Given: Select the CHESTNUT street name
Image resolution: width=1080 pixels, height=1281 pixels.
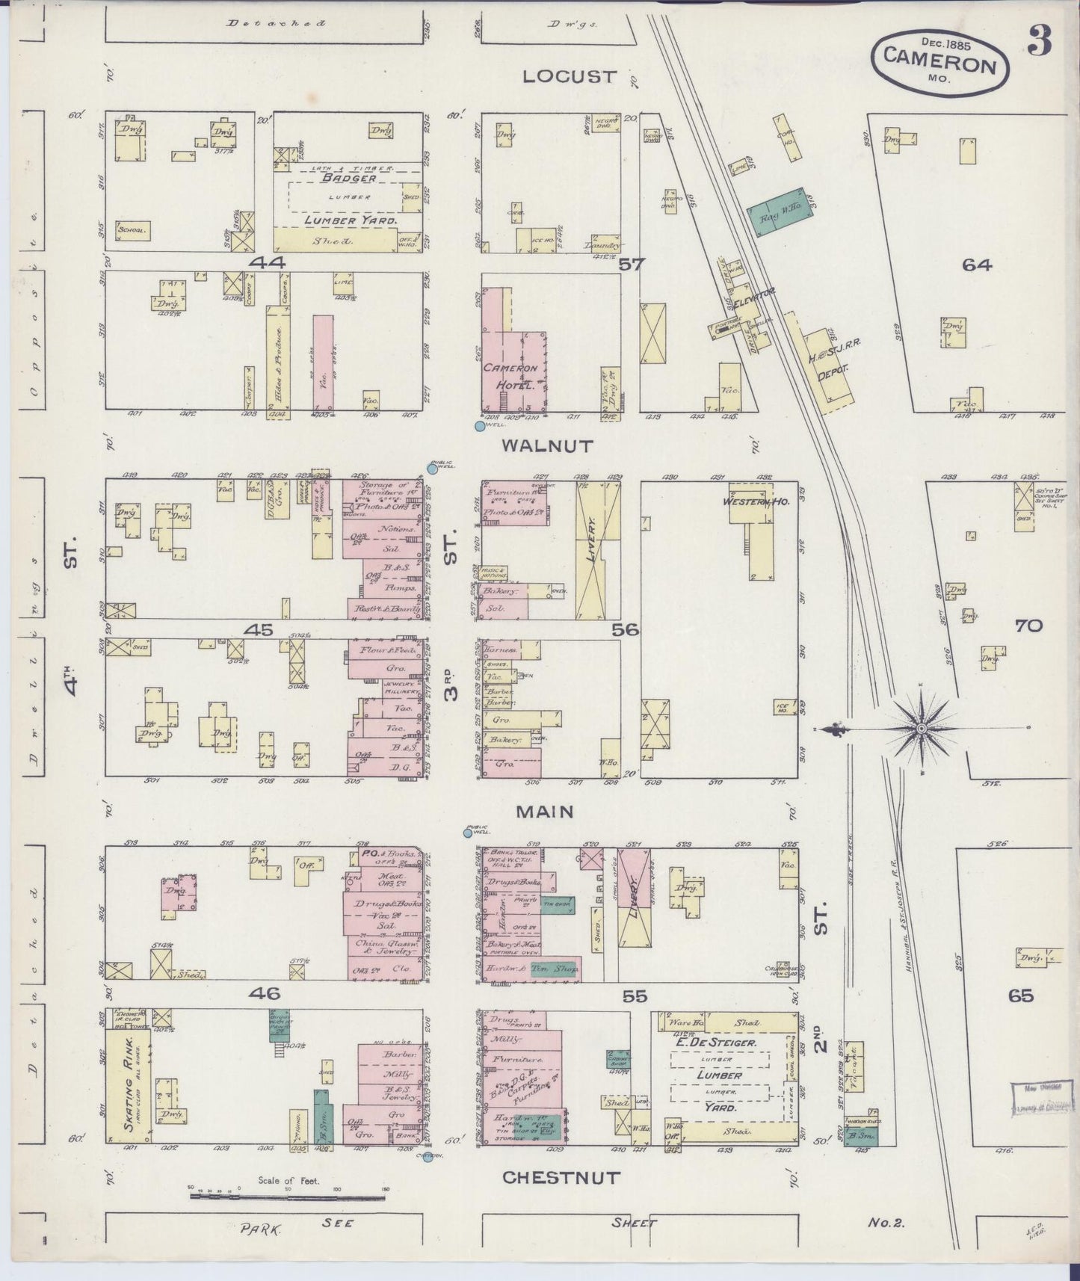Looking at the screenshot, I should pyautogui.click(x=561, y=1177).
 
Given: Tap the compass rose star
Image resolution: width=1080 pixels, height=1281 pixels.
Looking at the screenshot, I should pyautogui.click(x=921, y=728).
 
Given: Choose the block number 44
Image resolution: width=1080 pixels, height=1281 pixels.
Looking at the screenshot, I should pyautogui.click(x=268, y=263).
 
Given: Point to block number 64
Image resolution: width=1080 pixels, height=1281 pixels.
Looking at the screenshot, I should pyautogui.click(x=976, y=265).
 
